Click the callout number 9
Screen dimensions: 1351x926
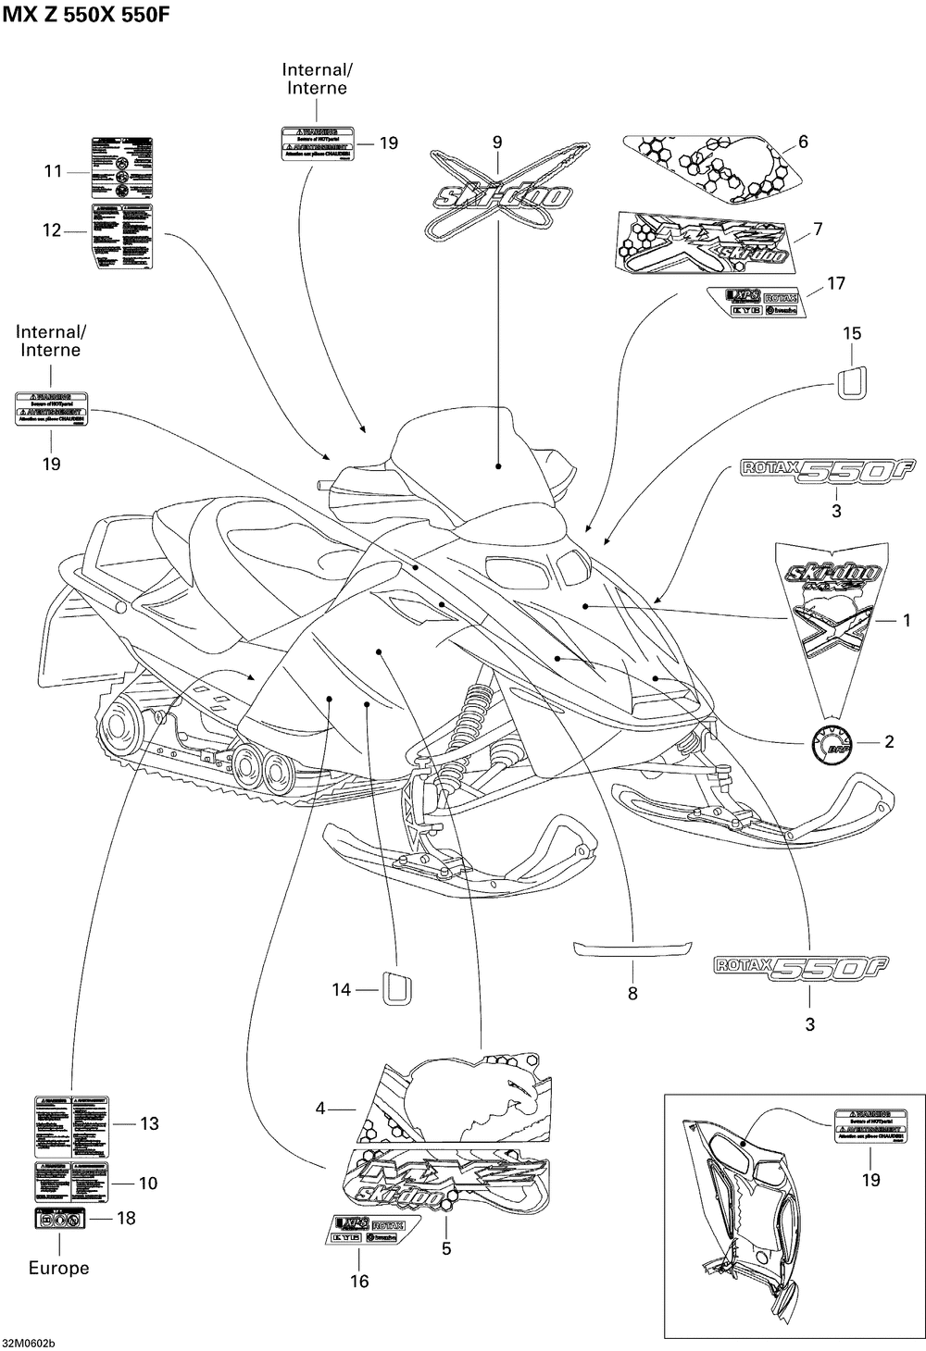click(x=497, y=142)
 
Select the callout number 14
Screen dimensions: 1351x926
click(x=342, y=990)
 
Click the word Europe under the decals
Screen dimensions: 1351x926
click(x=58, y=1268)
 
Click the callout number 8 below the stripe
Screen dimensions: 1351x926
click(x=632, y=994)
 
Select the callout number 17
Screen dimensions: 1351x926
click(x=836, y=283)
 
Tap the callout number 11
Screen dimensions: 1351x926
click(x=53, y=170)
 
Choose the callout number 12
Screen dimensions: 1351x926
click(x=51, y=229)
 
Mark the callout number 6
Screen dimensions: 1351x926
click(x=803, y=142)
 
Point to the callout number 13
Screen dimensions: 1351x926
click(x=149, y=1123)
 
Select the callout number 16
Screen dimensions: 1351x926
click(x=358, y=1281)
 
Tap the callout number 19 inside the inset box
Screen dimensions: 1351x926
click(x=870, y=1179)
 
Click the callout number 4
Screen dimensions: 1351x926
click(x=320, y=1107)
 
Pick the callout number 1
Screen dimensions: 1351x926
click(x=907, y=620)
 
